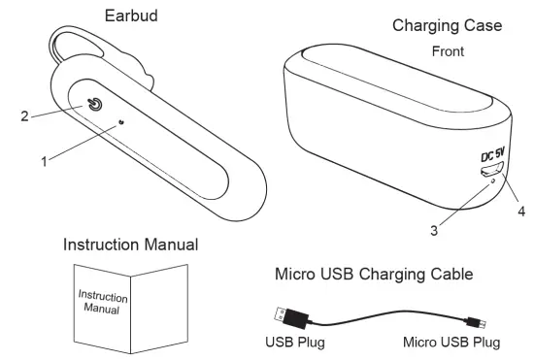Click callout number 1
coord(44,162)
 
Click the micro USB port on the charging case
coord(486,169)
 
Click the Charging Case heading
coord(448,25)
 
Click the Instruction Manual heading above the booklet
coord(130,245)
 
